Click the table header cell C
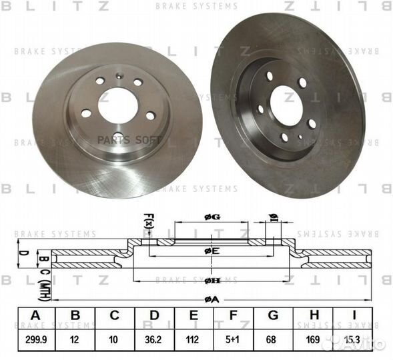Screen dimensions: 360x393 click(x=114, y=315)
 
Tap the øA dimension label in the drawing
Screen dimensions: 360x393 click(x=212, y=299)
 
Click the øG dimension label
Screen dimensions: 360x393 click(x=212, y=217)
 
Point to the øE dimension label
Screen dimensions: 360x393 click(x=212, y=251)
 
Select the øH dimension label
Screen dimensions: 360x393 click(x=212, y=281)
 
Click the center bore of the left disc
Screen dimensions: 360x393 click(x=118, y=105)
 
